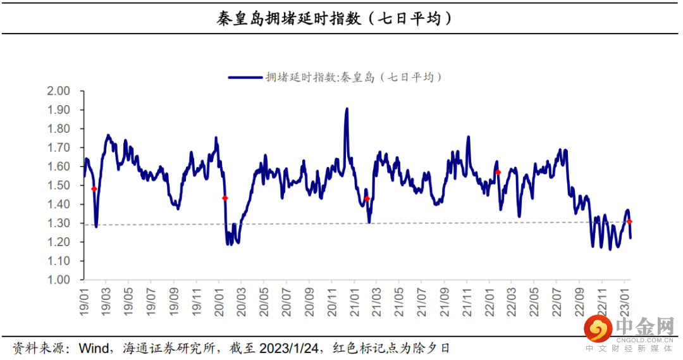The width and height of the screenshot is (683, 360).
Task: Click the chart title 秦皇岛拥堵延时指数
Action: click(x=335, y=18)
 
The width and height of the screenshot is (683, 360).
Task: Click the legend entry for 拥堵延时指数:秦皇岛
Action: click(x=335, y=77)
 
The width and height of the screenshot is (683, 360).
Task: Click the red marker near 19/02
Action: click(x=94, y=189)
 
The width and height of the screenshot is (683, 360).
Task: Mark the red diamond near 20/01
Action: click(x=225, y=198)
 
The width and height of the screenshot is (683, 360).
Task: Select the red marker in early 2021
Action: click(x=367, y=199)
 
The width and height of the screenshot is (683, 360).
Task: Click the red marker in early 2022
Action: click(x=498, y=172)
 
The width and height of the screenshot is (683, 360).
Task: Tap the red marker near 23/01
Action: click(x=629, y=221)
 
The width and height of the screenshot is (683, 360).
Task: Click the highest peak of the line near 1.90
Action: click(x=347, y=109)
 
